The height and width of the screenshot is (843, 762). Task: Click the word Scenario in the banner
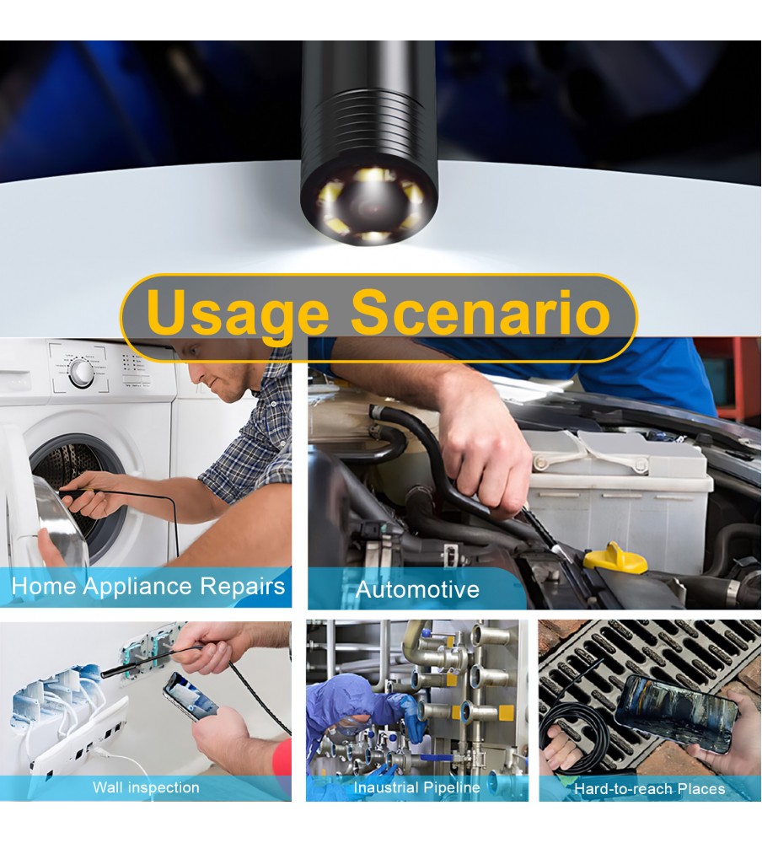[480, 311]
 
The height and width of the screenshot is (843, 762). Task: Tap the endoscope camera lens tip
[369, 205]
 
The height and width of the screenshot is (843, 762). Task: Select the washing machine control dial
[81, 372]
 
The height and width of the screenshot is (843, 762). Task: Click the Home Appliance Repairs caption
[148, 586]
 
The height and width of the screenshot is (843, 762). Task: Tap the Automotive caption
[417, 589]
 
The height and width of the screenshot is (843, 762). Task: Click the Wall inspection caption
[146, 787]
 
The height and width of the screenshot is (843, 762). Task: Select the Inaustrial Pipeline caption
[416, 787]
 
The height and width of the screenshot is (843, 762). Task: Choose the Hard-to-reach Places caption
[650, 789]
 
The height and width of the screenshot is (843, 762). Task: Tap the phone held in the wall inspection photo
[190, 696]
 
